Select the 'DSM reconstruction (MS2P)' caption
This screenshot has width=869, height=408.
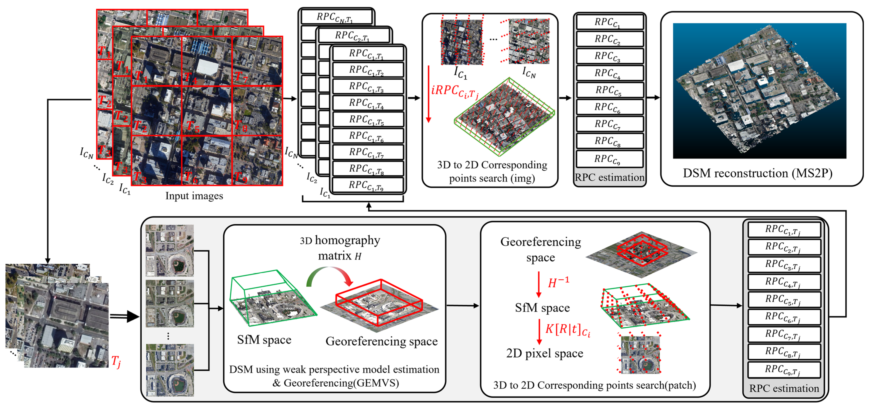[x=757, y=173]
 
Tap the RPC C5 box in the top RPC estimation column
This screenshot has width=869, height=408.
[x=609, y=90]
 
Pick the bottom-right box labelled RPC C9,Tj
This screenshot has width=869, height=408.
[x=784, y=370]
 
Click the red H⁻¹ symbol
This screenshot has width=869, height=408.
[x=558, y=282]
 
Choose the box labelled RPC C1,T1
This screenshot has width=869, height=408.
[x=368, y=54]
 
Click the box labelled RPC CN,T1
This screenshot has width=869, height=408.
[x=336, y=17]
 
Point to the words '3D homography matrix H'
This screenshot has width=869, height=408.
[x=340, y=248]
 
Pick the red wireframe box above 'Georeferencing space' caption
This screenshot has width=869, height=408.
[x=379, y=302]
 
